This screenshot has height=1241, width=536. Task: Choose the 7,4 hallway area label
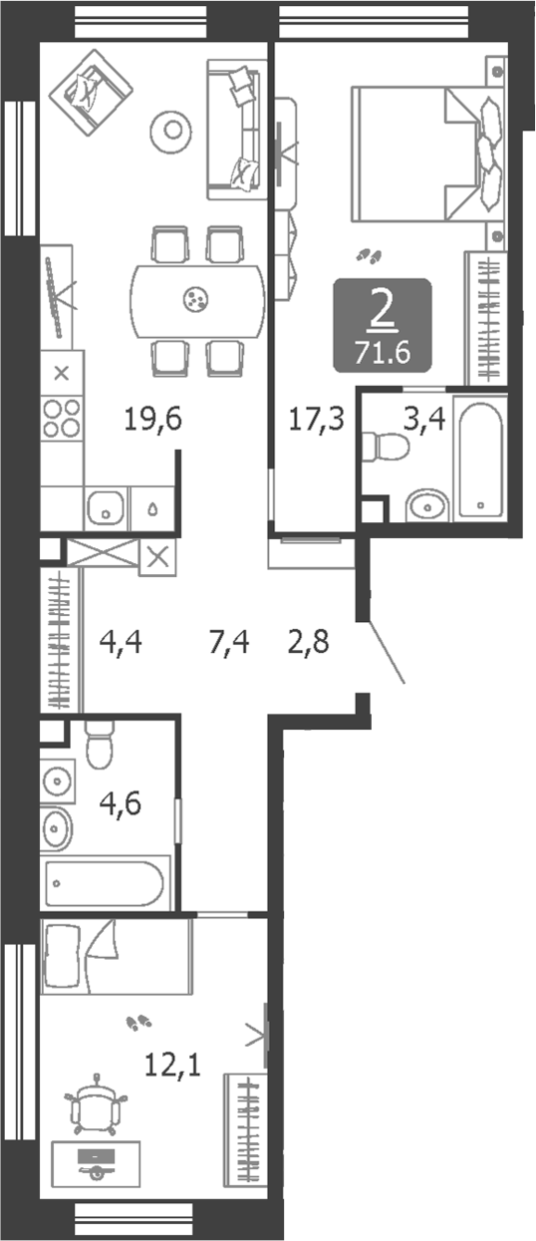coord(228,643)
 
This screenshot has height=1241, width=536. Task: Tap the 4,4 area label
coord(122,643)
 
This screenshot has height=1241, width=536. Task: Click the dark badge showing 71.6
coord(383,325)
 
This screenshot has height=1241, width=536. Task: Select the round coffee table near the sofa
coord(173,128)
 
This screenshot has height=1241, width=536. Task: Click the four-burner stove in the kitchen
coord(62,416)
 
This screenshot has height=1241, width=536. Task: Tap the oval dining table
coord(196,298)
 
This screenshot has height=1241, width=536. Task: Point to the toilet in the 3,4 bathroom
coord(385,446)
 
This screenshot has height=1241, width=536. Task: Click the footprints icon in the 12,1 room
coord(139,1022)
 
